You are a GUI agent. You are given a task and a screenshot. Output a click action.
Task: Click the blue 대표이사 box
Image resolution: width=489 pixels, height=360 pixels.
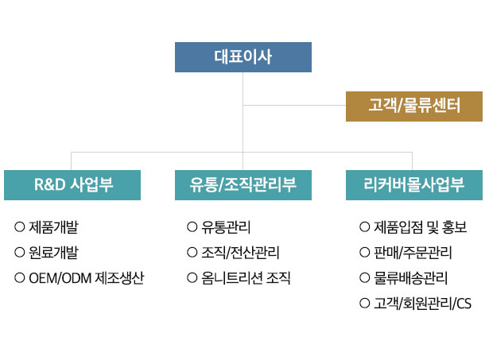(x=243, y=57)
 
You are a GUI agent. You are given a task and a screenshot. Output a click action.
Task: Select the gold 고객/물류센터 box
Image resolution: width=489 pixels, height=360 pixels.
(x=414, y=106)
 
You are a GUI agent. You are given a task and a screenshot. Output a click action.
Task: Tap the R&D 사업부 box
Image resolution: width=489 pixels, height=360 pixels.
(x=72, y=185)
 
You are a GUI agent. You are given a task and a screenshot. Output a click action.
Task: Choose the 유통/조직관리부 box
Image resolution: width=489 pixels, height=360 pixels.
(x=243, y=185)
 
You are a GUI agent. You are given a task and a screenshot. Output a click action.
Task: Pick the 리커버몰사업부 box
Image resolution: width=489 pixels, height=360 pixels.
(x=414, y=185)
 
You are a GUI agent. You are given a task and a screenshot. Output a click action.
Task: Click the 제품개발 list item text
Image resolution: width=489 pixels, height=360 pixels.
(x=53, y=227)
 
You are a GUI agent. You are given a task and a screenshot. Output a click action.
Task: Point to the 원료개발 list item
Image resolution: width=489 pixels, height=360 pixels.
(x=53, y=253)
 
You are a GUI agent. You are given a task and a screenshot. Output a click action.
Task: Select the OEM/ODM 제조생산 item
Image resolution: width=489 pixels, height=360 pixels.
(x=87, y=278)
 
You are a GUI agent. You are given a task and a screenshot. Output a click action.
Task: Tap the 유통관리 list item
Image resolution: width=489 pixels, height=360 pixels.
(x=226, y=227)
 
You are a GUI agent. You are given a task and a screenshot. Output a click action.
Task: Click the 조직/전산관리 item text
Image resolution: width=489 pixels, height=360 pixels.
(x=240, y=253)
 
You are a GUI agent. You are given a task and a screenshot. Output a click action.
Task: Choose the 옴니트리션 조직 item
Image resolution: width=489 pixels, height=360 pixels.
(x=246, y=278)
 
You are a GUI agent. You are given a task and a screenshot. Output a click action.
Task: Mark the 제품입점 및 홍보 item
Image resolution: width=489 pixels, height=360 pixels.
(x=421, y=227)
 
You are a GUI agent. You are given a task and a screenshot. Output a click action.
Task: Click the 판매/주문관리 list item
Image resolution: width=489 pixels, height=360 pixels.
(x=413, y=253)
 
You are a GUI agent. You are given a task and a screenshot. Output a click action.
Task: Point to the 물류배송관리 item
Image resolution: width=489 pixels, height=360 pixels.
(x=411, y=278)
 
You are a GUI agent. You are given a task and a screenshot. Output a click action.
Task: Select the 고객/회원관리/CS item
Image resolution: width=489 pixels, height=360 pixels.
(x=422, y=304)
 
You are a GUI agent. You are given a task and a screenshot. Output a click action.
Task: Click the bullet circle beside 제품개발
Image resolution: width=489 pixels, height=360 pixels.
(x=19, y=226)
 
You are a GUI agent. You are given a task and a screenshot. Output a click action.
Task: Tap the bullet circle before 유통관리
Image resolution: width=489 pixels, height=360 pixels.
(x=192, y=226)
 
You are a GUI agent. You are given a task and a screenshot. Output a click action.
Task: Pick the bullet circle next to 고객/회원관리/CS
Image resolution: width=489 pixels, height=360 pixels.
(x=365, y=303)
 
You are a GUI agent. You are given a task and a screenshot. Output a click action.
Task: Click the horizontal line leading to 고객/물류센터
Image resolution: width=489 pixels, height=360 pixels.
(x=294, y=106)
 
